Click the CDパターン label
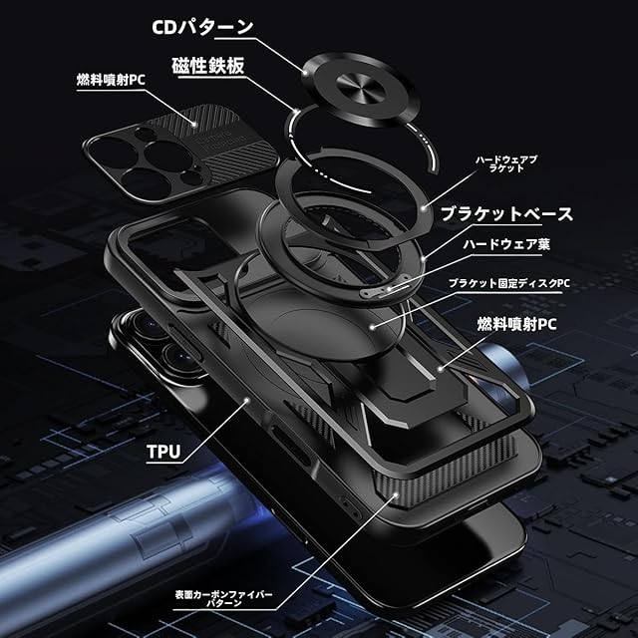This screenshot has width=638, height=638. point(203,26)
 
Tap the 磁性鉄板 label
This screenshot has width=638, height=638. point(208,65)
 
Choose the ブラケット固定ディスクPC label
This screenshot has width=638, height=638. point(508,283)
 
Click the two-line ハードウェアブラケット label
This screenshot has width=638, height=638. point(505,163)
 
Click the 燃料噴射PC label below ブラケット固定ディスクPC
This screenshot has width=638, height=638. point(515,323)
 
